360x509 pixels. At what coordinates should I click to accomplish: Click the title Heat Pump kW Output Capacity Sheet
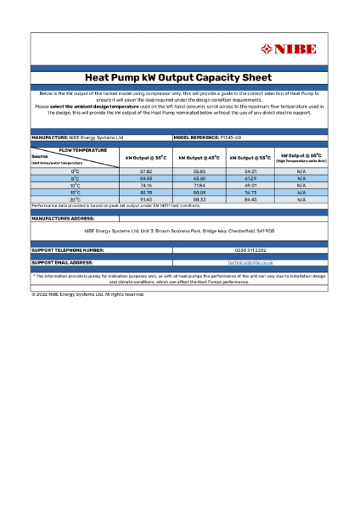point(179,76)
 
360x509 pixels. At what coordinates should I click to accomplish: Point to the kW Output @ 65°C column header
point(301,158)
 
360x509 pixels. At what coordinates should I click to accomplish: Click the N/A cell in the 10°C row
point(301,186)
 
